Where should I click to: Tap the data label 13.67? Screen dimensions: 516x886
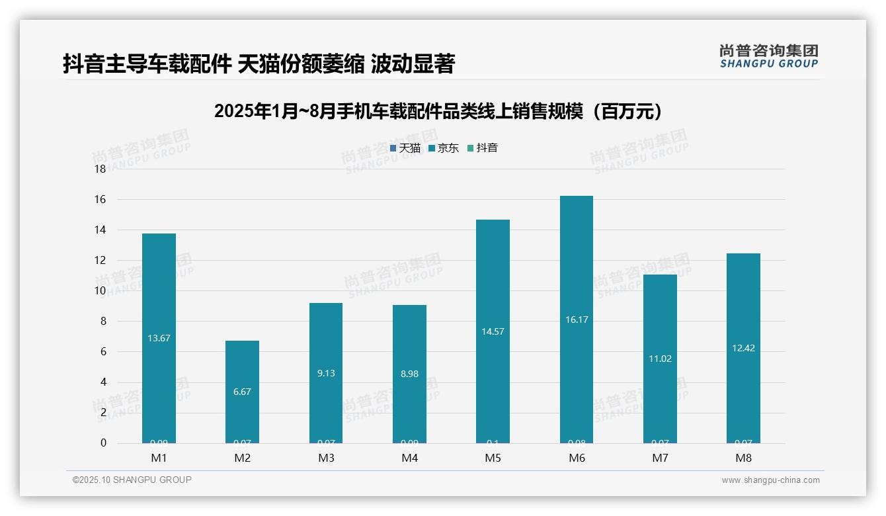click(159, 338)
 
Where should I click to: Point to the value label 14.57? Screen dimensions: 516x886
click(493, 331)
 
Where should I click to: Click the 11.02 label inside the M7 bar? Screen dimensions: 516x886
click(660, 359)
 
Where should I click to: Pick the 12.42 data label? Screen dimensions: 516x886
click(743, 348)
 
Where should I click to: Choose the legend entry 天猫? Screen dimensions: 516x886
click(405, 148)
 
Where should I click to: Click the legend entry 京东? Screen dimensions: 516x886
click(444, 148)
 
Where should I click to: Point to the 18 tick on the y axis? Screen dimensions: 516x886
click(101, 169)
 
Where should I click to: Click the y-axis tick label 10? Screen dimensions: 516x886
click(101, 291)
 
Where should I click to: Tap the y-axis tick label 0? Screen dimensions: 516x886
click(103, 443)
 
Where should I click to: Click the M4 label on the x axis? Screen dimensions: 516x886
click(409, 458)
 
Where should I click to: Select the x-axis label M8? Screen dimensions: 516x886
click(743, 458)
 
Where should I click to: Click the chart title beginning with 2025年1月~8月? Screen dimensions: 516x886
click(438, 111)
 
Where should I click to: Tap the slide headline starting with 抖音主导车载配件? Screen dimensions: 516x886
click(259, 64)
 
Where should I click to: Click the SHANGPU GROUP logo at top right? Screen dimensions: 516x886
click(768, 56)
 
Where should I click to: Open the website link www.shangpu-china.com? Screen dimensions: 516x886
click(770, 480)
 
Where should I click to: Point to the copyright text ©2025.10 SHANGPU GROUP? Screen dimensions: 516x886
click(132, 480)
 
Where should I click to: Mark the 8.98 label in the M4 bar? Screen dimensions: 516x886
click(409, 374)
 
